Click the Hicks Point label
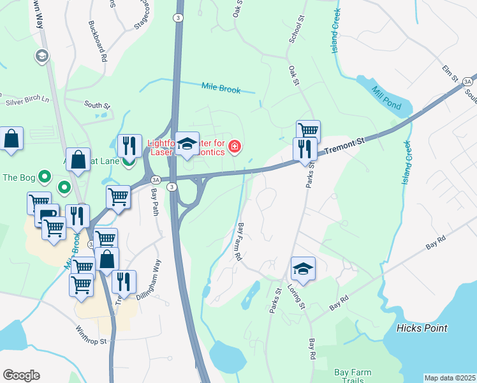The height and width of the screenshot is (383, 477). (422, 328)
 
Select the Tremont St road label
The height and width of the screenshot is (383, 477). (344, 146)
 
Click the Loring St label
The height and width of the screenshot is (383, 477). (298, 293)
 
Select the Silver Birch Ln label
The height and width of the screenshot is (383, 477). (27, 100)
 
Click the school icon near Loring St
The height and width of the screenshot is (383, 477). (304, 269)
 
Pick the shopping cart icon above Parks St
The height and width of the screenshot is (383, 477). (308, 130)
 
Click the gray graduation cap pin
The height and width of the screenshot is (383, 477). (43, 56)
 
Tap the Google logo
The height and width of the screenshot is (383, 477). (21, 375)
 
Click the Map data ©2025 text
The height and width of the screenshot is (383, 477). (449, 378)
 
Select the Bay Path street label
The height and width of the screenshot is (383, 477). (154, 206)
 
